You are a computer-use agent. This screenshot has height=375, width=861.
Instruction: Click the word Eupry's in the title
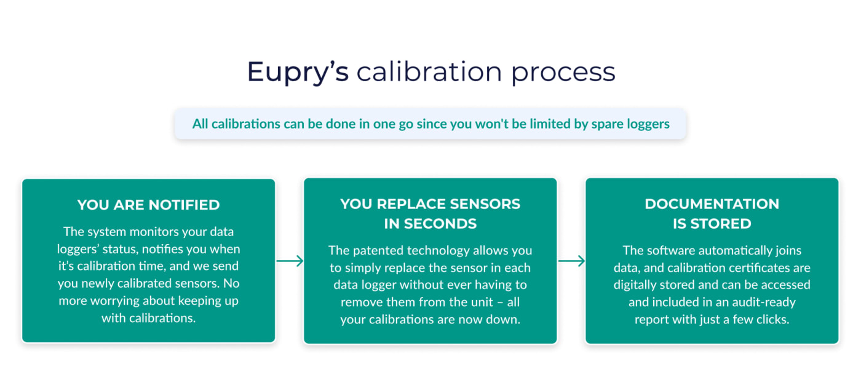point(298,72)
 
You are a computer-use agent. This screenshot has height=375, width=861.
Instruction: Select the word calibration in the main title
point(429,71)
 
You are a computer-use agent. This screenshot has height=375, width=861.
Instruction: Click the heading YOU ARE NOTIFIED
point(148,205)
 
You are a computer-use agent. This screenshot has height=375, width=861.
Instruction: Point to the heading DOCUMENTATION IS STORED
point(712,214)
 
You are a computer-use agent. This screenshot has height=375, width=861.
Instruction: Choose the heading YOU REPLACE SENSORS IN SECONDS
point(430,214)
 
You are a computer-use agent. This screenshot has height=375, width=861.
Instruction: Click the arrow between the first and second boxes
point(290,261)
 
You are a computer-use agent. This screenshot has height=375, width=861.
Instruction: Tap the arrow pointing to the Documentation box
point(571,261)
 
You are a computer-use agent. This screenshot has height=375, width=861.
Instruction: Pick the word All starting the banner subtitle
point(200,124)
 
